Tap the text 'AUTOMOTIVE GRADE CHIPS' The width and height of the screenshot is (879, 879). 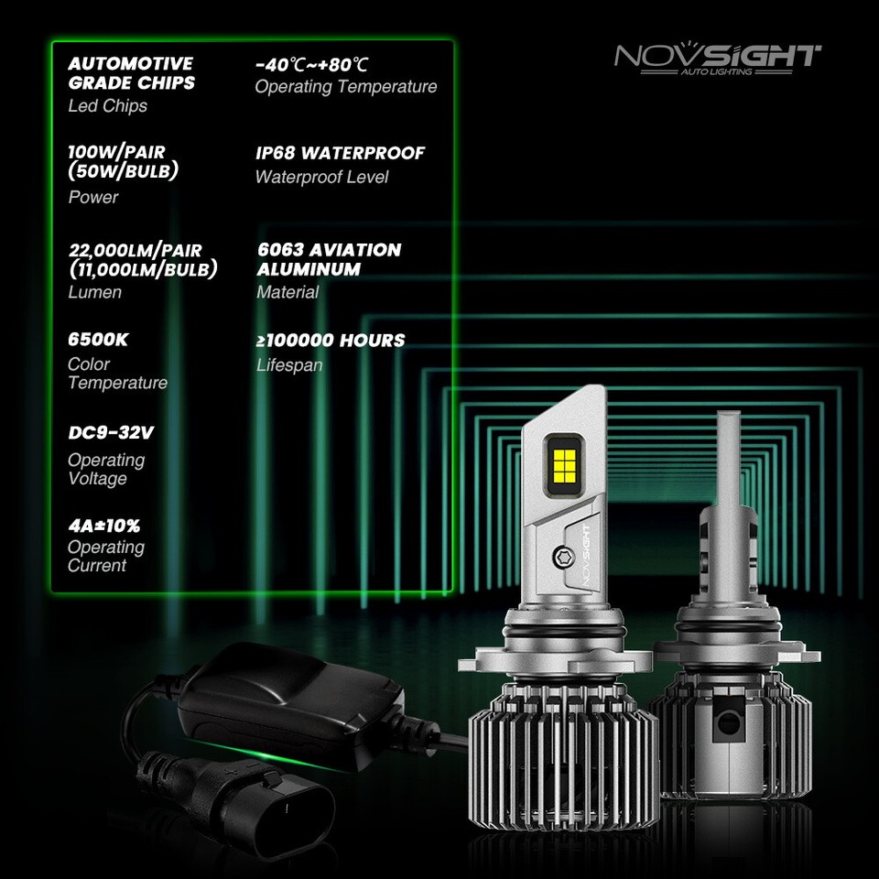coord(131,73)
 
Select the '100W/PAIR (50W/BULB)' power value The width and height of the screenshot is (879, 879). coord(123,162)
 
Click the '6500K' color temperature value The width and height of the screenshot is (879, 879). coord(98,340)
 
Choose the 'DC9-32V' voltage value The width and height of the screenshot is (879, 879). coord(110,432)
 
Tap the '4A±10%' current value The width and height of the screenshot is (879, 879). coord(103,526)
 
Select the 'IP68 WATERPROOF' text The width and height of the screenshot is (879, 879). coord(340,153)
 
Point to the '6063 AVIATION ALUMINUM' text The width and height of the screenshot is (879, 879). coord(329,259)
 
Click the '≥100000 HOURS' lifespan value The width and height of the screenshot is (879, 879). coord(330,341)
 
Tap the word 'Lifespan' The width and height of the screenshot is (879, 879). coord(289,365)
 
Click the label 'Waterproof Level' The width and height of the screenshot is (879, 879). coord(321,177)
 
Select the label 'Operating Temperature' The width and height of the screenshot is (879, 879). coord(346,87)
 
